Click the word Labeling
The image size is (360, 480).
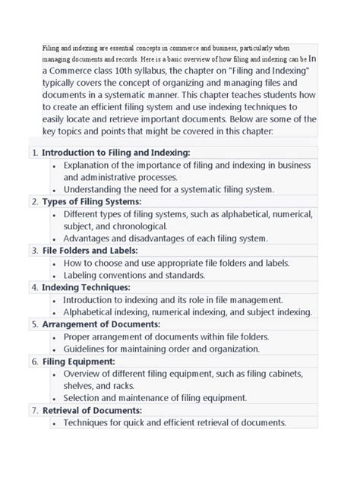click(84, 275)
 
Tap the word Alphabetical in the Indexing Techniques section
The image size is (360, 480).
click(94, 312)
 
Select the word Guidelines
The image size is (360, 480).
click(90, 349)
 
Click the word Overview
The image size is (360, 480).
click(87, 374)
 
